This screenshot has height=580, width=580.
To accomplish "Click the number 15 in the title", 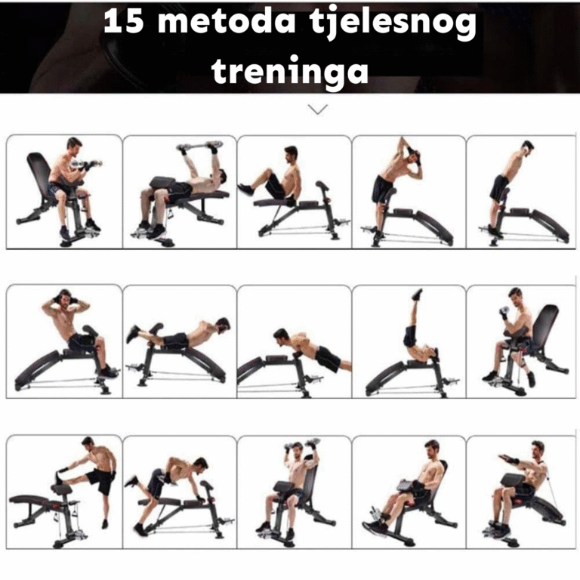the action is [124, 21].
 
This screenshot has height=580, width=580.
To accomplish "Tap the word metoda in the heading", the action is [227, 21].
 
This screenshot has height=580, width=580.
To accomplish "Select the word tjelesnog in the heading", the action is [393, 24].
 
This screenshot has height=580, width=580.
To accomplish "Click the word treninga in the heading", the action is [290, 71].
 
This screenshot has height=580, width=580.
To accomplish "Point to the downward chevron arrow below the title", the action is [318, 109].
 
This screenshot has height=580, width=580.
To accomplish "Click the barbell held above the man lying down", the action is [199, 146].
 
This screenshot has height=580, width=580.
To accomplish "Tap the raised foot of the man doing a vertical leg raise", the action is [417, 294].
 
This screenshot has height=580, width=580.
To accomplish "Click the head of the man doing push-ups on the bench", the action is [282, 335].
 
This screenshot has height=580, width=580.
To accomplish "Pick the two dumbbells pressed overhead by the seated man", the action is [302, 444].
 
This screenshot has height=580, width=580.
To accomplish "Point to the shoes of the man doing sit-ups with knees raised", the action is [245, 189].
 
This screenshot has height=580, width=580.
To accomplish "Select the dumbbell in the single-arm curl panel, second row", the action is [504, 311].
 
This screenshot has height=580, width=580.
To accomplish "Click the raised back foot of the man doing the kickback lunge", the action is [132, 481].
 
